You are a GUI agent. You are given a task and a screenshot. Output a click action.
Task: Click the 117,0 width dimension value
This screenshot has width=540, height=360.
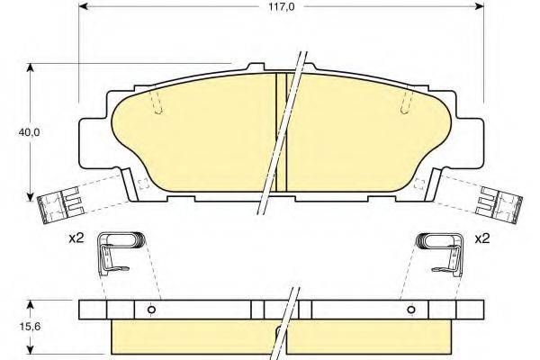(282, 6)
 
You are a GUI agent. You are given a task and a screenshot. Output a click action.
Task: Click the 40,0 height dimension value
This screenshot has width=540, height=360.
(30, 131)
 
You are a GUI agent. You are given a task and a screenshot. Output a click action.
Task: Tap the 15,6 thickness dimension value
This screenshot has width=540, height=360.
(30, 326)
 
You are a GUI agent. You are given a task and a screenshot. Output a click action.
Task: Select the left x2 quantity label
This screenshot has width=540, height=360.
(76, 238)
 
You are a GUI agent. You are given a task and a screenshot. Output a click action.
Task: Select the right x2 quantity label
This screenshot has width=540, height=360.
(482, 238)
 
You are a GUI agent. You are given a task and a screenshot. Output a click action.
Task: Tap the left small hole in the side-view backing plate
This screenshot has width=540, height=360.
(151, 310)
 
